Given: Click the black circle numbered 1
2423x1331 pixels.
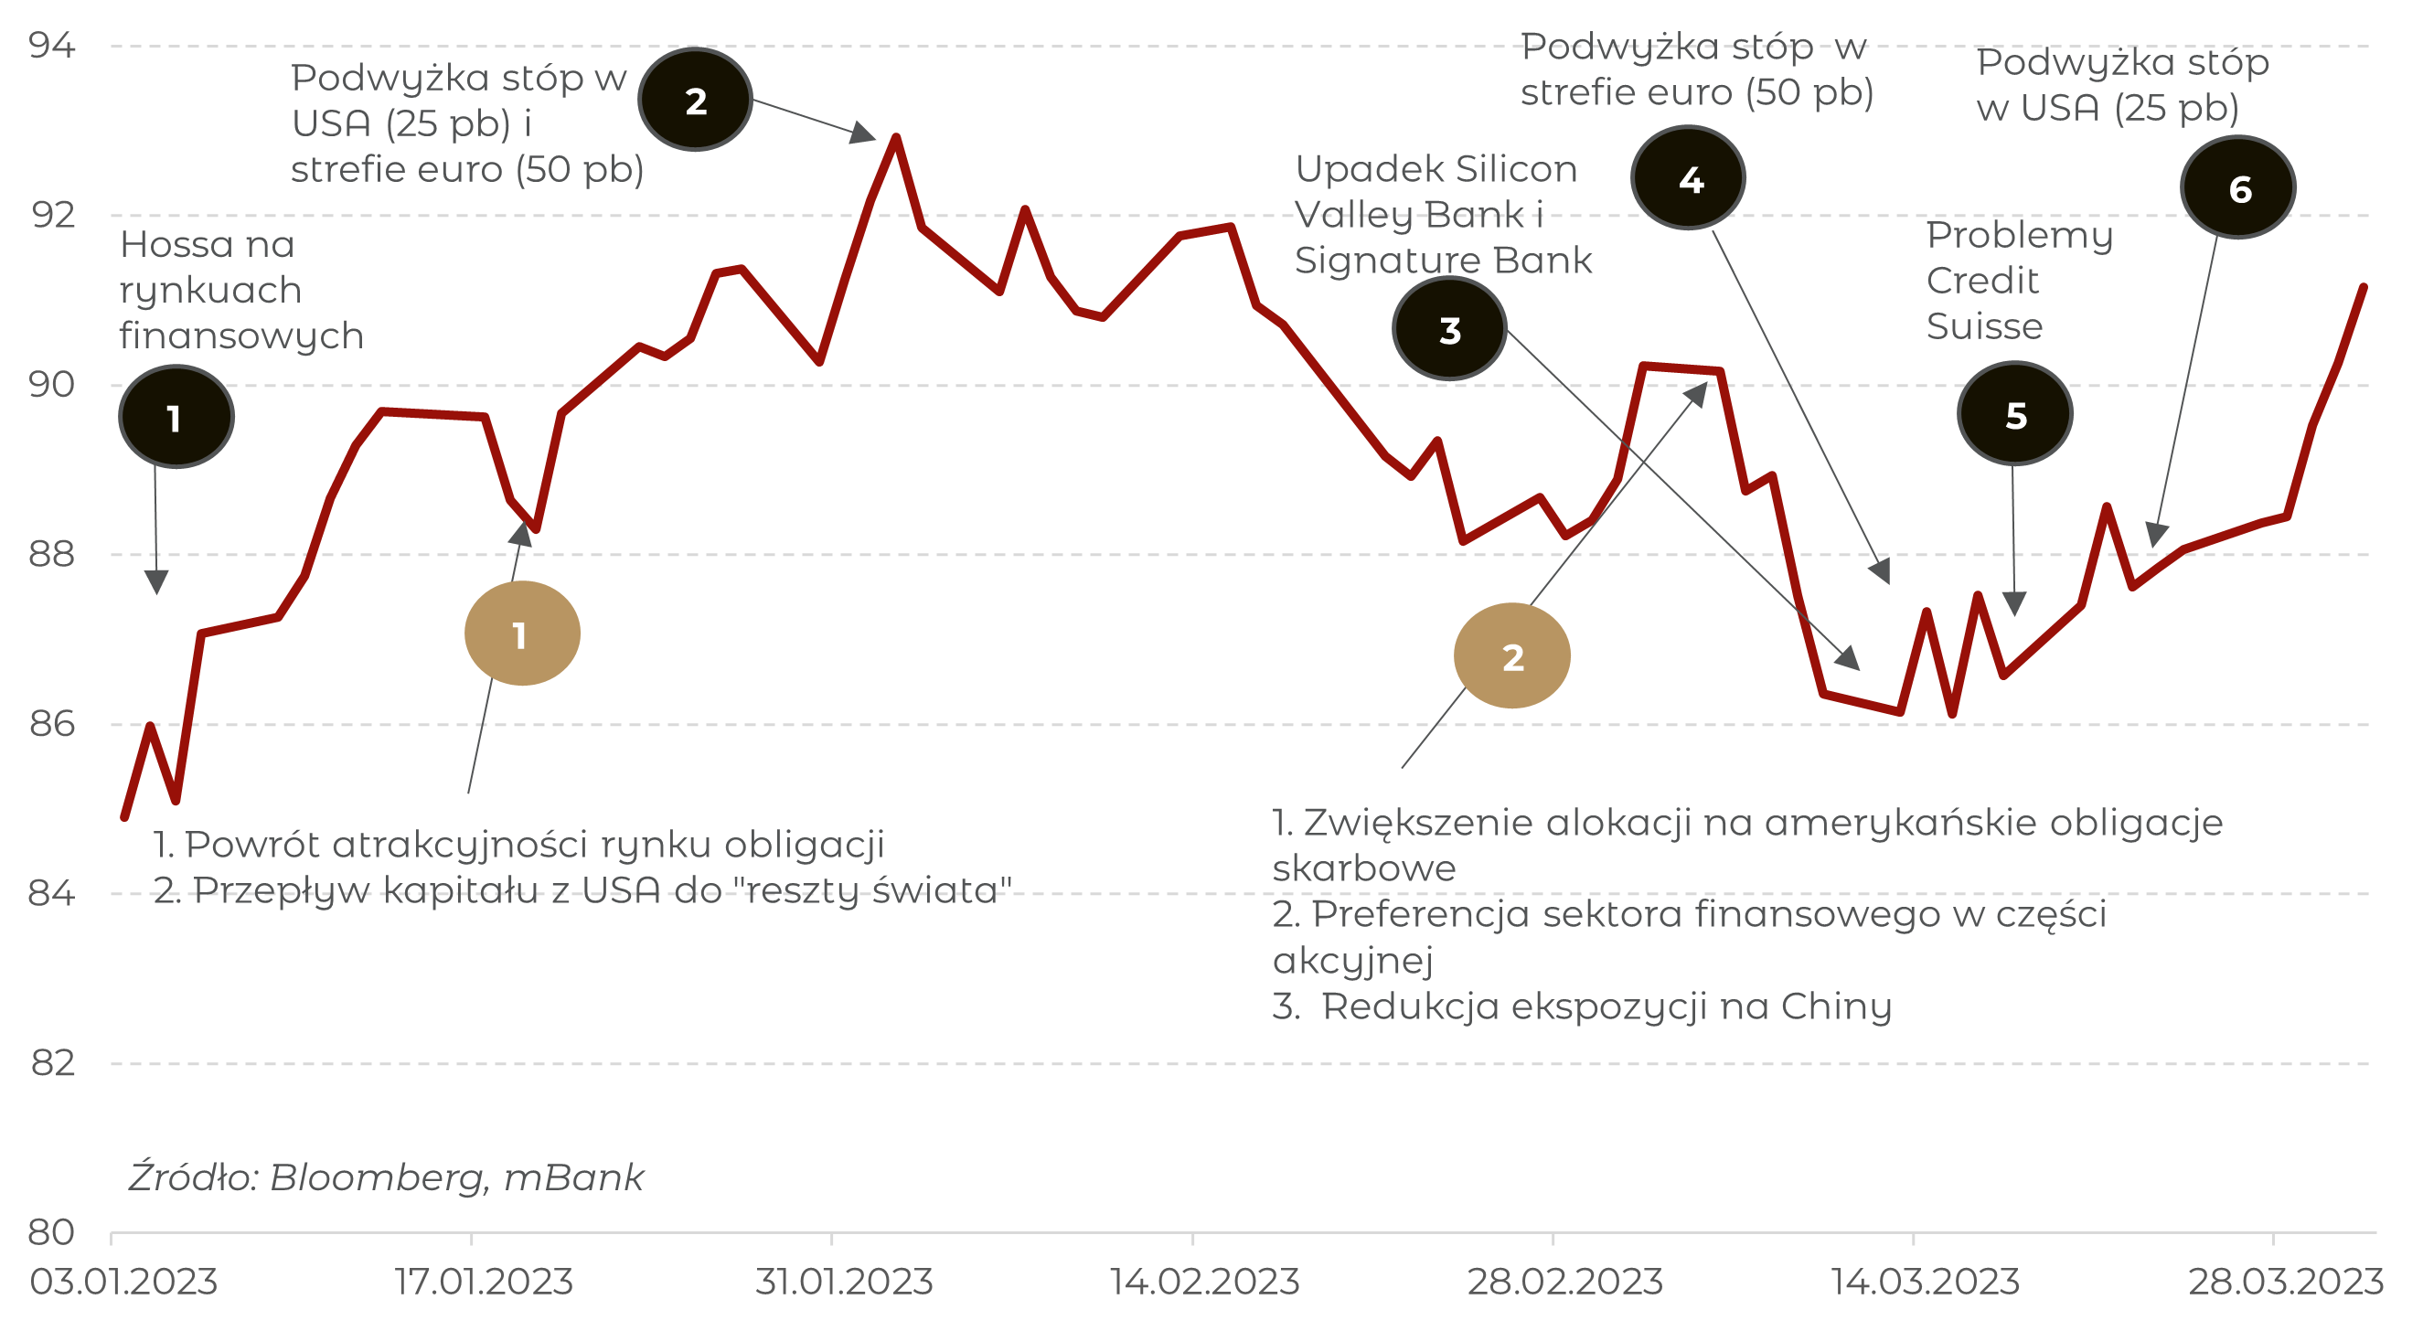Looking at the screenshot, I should (x=176, y=417).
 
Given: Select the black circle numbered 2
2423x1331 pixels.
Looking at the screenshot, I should (x=695, y=100).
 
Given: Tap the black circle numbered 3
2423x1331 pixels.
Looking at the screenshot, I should (x=1449, y=329).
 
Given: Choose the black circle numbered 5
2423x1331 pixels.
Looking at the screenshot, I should (x=2015, y=414).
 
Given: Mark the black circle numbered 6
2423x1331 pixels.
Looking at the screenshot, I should (x=2238, y=188).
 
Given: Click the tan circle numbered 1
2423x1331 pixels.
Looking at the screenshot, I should (x=522, y=634).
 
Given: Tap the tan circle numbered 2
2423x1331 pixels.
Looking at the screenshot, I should (x=1511, y=655).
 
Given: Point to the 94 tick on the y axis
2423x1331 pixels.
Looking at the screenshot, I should (x=52, y=45).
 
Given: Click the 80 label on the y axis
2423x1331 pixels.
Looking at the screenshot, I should (x=52, y=1232).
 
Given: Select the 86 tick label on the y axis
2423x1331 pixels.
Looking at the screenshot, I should (x=52, y=723).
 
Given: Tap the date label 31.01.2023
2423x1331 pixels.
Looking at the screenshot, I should (x=844, y=1282).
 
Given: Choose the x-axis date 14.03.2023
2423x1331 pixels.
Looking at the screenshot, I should (x=1926, y=1282).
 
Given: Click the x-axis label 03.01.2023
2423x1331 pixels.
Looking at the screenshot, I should (x=123, y=1282).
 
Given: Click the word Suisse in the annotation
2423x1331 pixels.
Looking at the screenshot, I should (x=1985, y=326).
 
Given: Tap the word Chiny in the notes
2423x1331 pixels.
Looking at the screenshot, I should (x=1836, y=1006).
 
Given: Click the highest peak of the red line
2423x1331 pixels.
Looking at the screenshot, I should (x=896, y=138).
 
